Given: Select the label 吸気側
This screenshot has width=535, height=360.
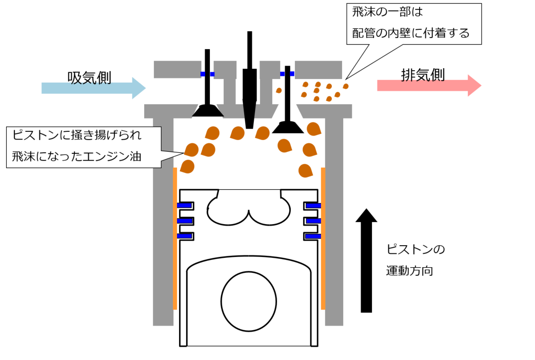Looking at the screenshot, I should click(89, 77).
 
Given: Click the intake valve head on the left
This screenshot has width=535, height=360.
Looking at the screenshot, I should click(207, 110).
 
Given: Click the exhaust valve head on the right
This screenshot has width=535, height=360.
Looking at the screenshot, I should click(288, 127).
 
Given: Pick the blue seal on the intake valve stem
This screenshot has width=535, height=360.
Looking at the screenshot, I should click(207, 74).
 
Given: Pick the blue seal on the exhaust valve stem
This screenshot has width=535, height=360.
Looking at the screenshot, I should click(287, 74).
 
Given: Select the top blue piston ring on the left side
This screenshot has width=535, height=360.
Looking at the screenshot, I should click(185, 206).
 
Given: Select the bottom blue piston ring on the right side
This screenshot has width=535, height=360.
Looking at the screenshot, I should click(313, 236).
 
